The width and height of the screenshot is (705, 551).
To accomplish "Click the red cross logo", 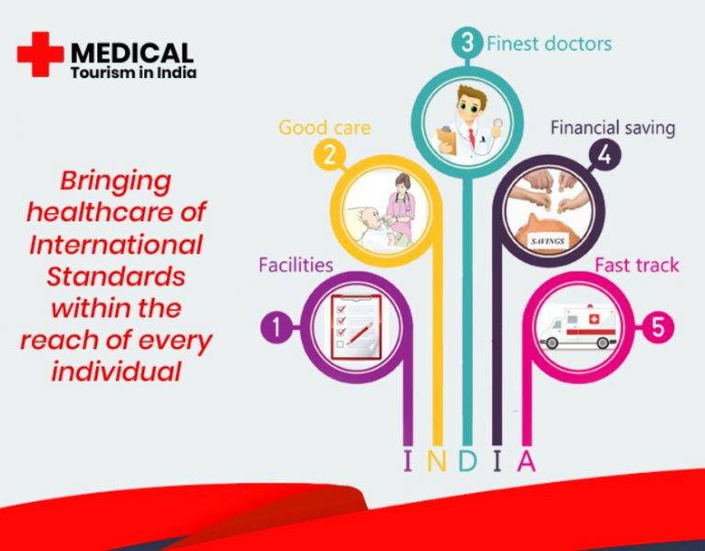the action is (x=40, y=54).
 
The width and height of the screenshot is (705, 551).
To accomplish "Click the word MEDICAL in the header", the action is (x=132, y=53).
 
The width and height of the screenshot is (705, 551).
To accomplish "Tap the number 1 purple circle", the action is (x=276, y=327).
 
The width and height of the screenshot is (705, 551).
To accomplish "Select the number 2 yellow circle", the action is (x=330, y=155).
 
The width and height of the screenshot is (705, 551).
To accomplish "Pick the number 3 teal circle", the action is (x=467, y=43).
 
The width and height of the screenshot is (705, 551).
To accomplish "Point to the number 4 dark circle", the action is (x=605, y=155).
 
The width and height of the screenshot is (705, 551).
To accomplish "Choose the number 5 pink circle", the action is (x=658, y=327).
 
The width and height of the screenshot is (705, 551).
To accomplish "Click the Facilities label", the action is (x=296, y=264).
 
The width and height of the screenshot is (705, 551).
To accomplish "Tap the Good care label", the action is (x=325, y=128).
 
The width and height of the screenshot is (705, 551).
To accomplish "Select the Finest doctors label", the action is (x=549, y=44).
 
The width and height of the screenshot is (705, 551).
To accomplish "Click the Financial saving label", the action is (x=613, y=129).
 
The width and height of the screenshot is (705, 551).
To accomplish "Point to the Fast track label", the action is (x=637, y=264).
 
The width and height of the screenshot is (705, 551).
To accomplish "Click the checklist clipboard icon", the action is (x=356, y=327).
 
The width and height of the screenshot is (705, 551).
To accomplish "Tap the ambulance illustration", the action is (x=577, y=328).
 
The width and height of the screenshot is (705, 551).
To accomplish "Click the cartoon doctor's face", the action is (x=470, y=106).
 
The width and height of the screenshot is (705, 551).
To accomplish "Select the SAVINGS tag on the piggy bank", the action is (x=548, y=242).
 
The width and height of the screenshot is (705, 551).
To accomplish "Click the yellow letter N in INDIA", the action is (x=436, y=461).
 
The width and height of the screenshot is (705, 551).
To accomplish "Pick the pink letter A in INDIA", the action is (x=527, y=461).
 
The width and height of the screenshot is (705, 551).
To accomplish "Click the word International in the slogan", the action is (x=116, y=244).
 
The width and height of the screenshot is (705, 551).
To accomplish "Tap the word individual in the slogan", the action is (x=116, y=372).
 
